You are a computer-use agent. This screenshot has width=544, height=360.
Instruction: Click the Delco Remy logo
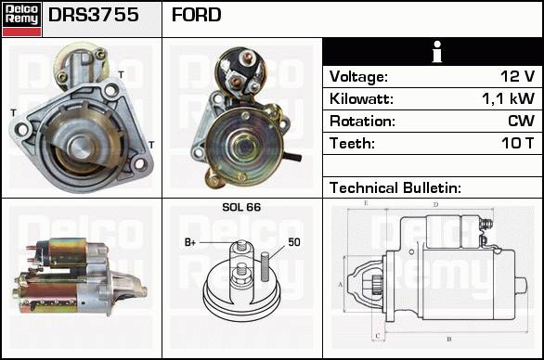point(21,19)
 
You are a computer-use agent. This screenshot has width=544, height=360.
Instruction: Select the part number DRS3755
point(94,15)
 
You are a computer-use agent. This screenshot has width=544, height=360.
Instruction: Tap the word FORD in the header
point(197,15)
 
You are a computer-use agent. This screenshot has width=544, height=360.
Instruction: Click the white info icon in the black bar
point(437,52)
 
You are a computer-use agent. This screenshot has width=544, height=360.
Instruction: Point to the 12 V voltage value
point(517,76)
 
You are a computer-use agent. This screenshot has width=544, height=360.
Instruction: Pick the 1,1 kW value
point(509,98)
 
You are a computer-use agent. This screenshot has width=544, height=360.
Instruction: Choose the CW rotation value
point(521,121)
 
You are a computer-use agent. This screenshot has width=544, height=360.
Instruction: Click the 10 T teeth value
point(517,143)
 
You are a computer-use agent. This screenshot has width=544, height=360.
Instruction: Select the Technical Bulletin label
point(395,187)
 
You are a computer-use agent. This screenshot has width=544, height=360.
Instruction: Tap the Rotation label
point(362,121)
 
